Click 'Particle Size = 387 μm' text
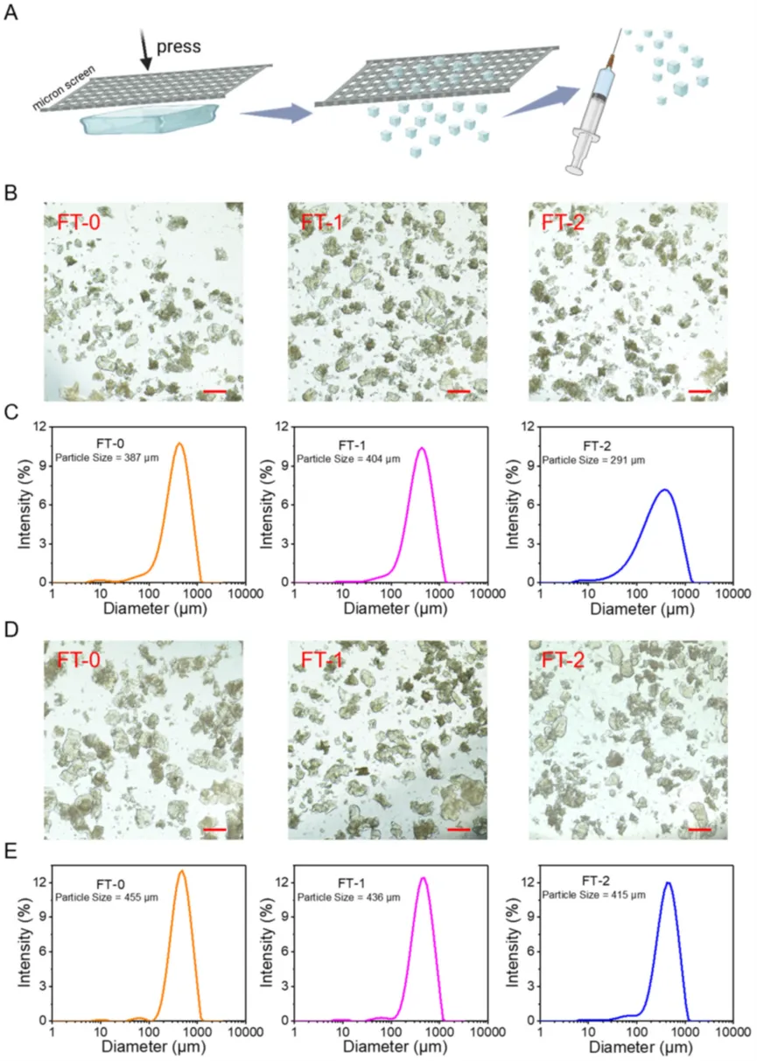pyautogui.click(x=106, y=457)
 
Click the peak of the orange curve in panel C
pyautogui.click(x=179, y=443)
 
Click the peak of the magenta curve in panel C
pyautogui.click(x=421, y=449)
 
